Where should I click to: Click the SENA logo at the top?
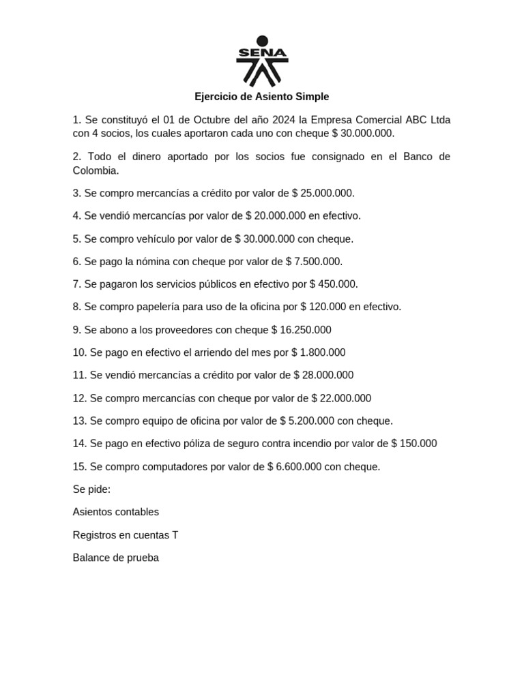[262, 61]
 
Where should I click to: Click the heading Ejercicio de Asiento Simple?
[262, 97]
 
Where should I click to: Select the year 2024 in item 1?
[284, 120]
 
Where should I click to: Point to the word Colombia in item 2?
[96, 170]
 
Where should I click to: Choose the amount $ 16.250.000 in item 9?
[301, 330]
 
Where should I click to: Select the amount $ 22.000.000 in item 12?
[341, 399]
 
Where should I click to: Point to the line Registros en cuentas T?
[126, 535]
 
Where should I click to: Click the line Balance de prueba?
[116, 558]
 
